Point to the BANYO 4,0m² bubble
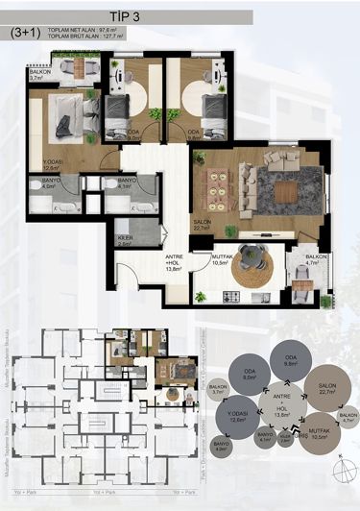tap(222, 445)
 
